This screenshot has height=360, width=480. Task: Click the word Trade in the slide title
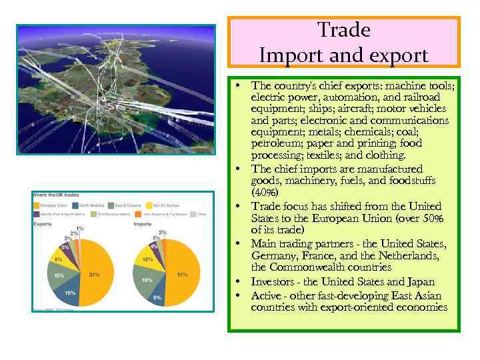344,31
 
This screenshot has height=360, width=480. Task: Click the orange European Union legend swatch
37,205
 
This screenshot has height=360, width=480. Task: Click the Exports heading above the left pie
43,224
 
